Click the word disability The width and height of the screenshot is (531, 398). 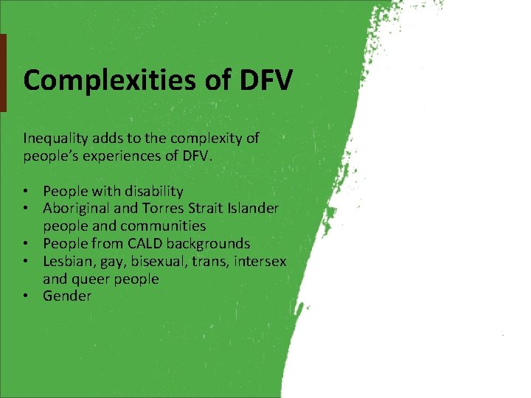coord(152,191)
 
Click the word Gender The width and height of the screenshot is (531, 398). coord(67,296)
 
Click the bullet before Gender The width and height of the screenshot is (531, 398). coord(27,296)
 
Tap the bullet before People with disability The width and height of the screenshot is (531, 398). coord(27,191)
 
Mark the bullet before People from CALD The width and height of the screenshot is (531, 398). coord(27,243)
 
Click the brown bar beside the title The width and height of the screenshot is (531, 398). coord(3,73)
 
